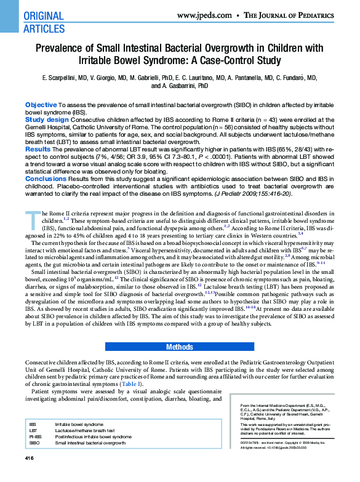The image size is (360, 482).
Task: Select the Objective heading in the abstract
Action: [x=41, y=105]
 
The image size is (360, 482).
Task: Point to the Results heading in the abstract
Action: [x=38, y=149]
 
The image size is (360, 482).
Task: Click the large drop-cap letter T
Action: [x=30, y=218]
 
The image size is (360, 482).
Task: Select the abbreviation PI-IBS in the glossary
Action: [x=35, y=436]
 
